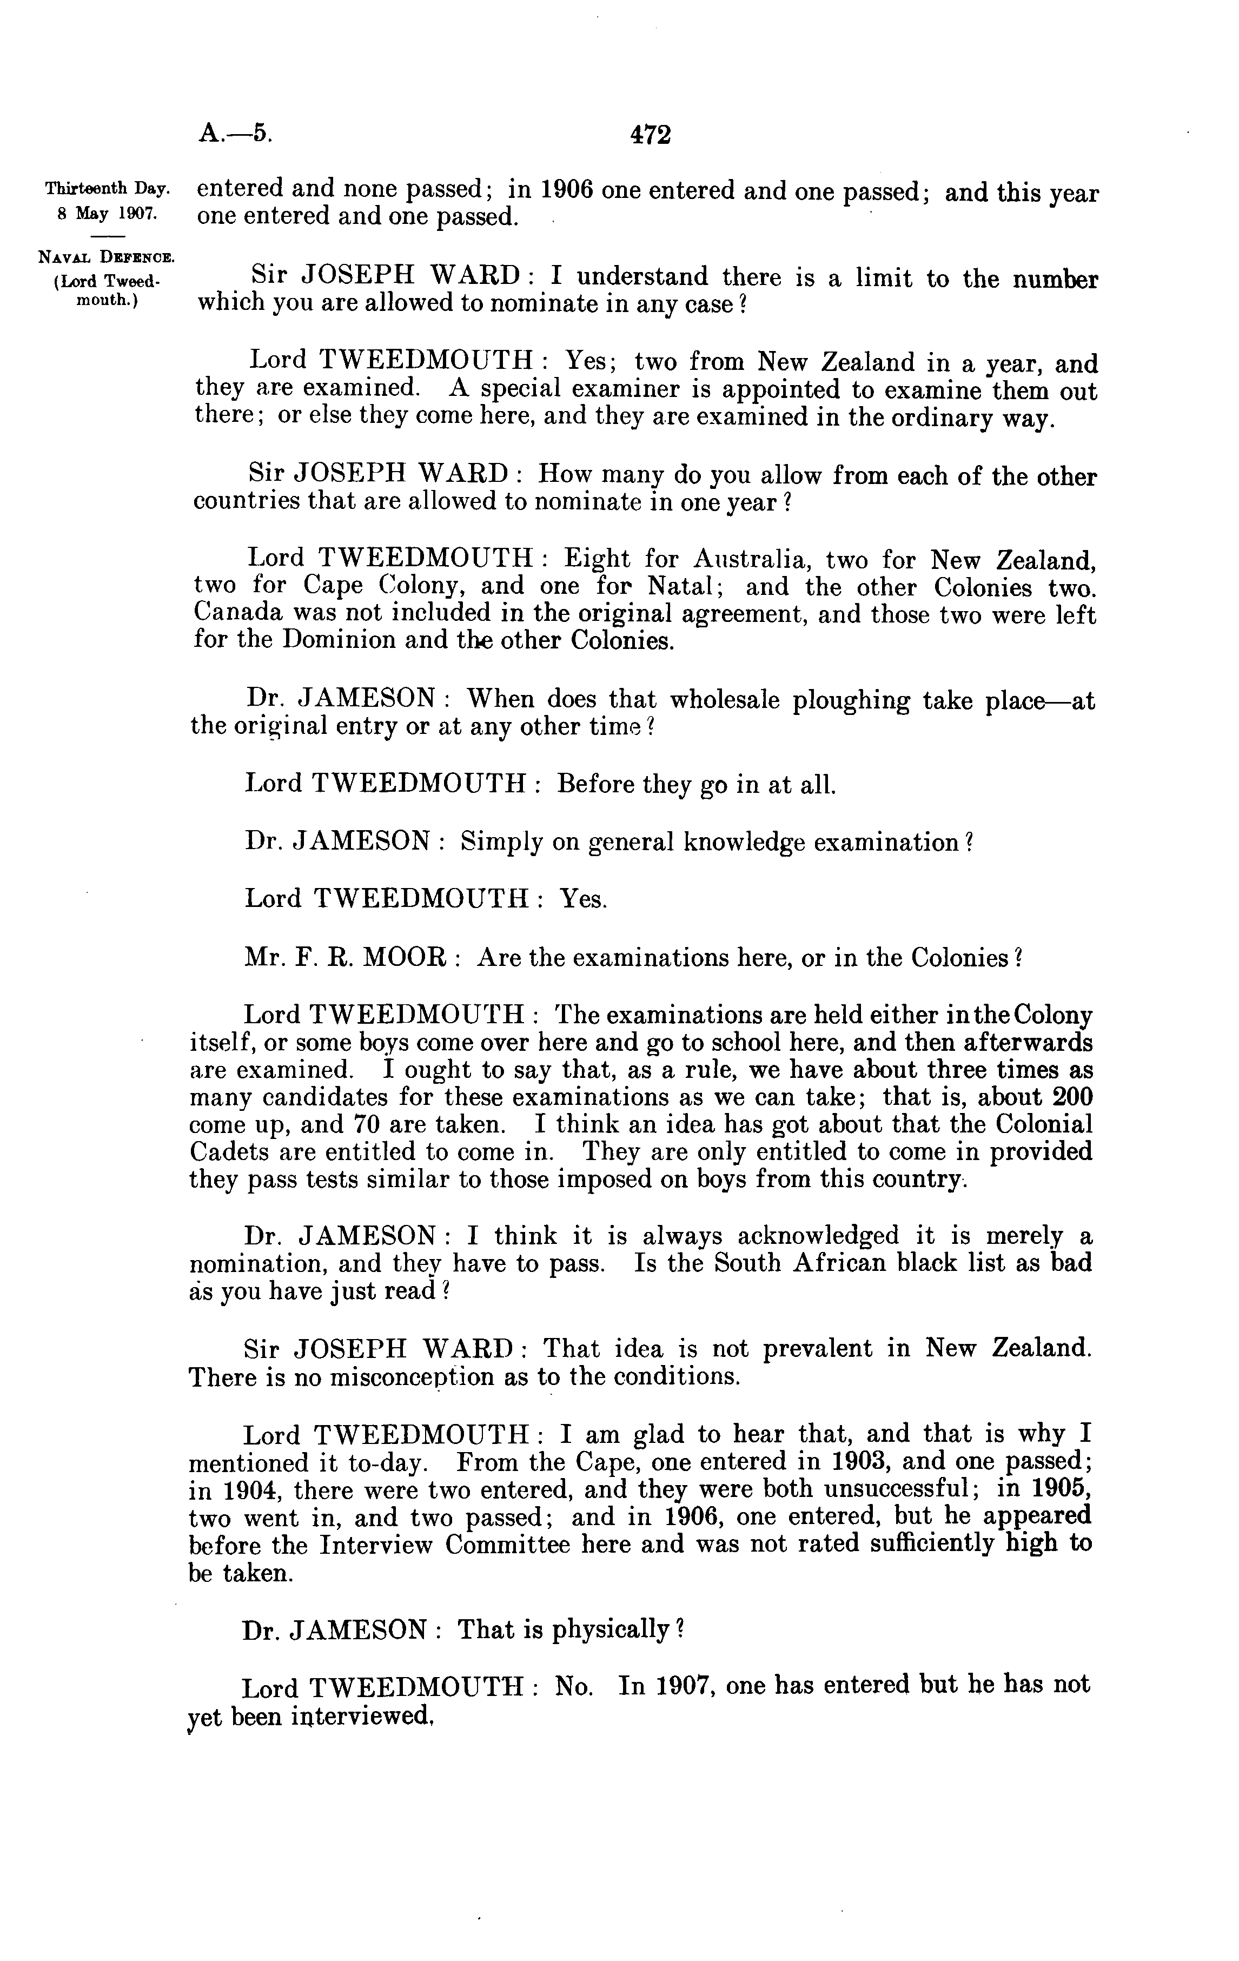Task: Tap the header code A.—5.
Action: (x=235, y=132)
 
